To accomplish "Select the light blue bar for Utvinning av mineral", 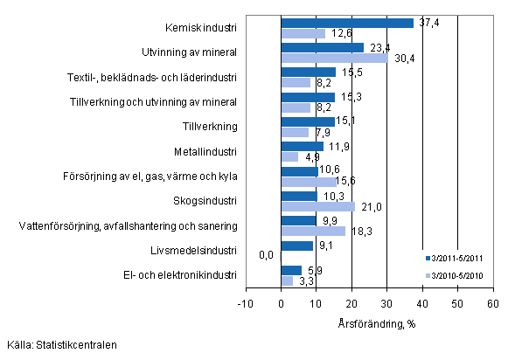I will coord(334,59).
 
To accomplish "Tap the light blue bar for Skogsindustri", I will coord(317,206).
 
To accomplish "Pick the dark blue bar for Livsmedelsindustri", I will coord(296,246).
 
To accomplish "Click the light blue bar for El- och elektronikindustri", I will coord(287,280).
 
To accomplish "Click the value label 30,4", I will coord(403,59).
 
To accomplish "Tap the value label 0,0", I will coord(268,256).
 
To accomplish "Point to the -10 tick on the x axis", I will coord(244,303).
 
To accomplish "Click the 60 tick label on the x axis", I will coord(492,303).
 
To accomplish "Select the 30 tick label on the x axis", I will coord(386,303).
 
